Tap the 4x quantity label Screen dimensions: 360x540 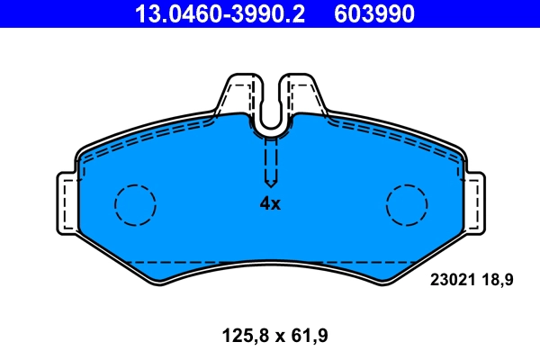coord(270,203)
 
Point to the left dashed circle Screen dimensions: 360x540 coord(135,204)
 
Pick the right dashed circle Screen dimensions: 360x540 coord(407,204)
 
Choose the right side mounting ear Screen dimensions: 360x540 coord(474,203)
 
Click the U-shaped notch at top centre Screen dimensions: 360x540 coord(271,117)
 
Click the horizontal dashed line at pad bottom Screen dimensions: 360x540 coord(270,262)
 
